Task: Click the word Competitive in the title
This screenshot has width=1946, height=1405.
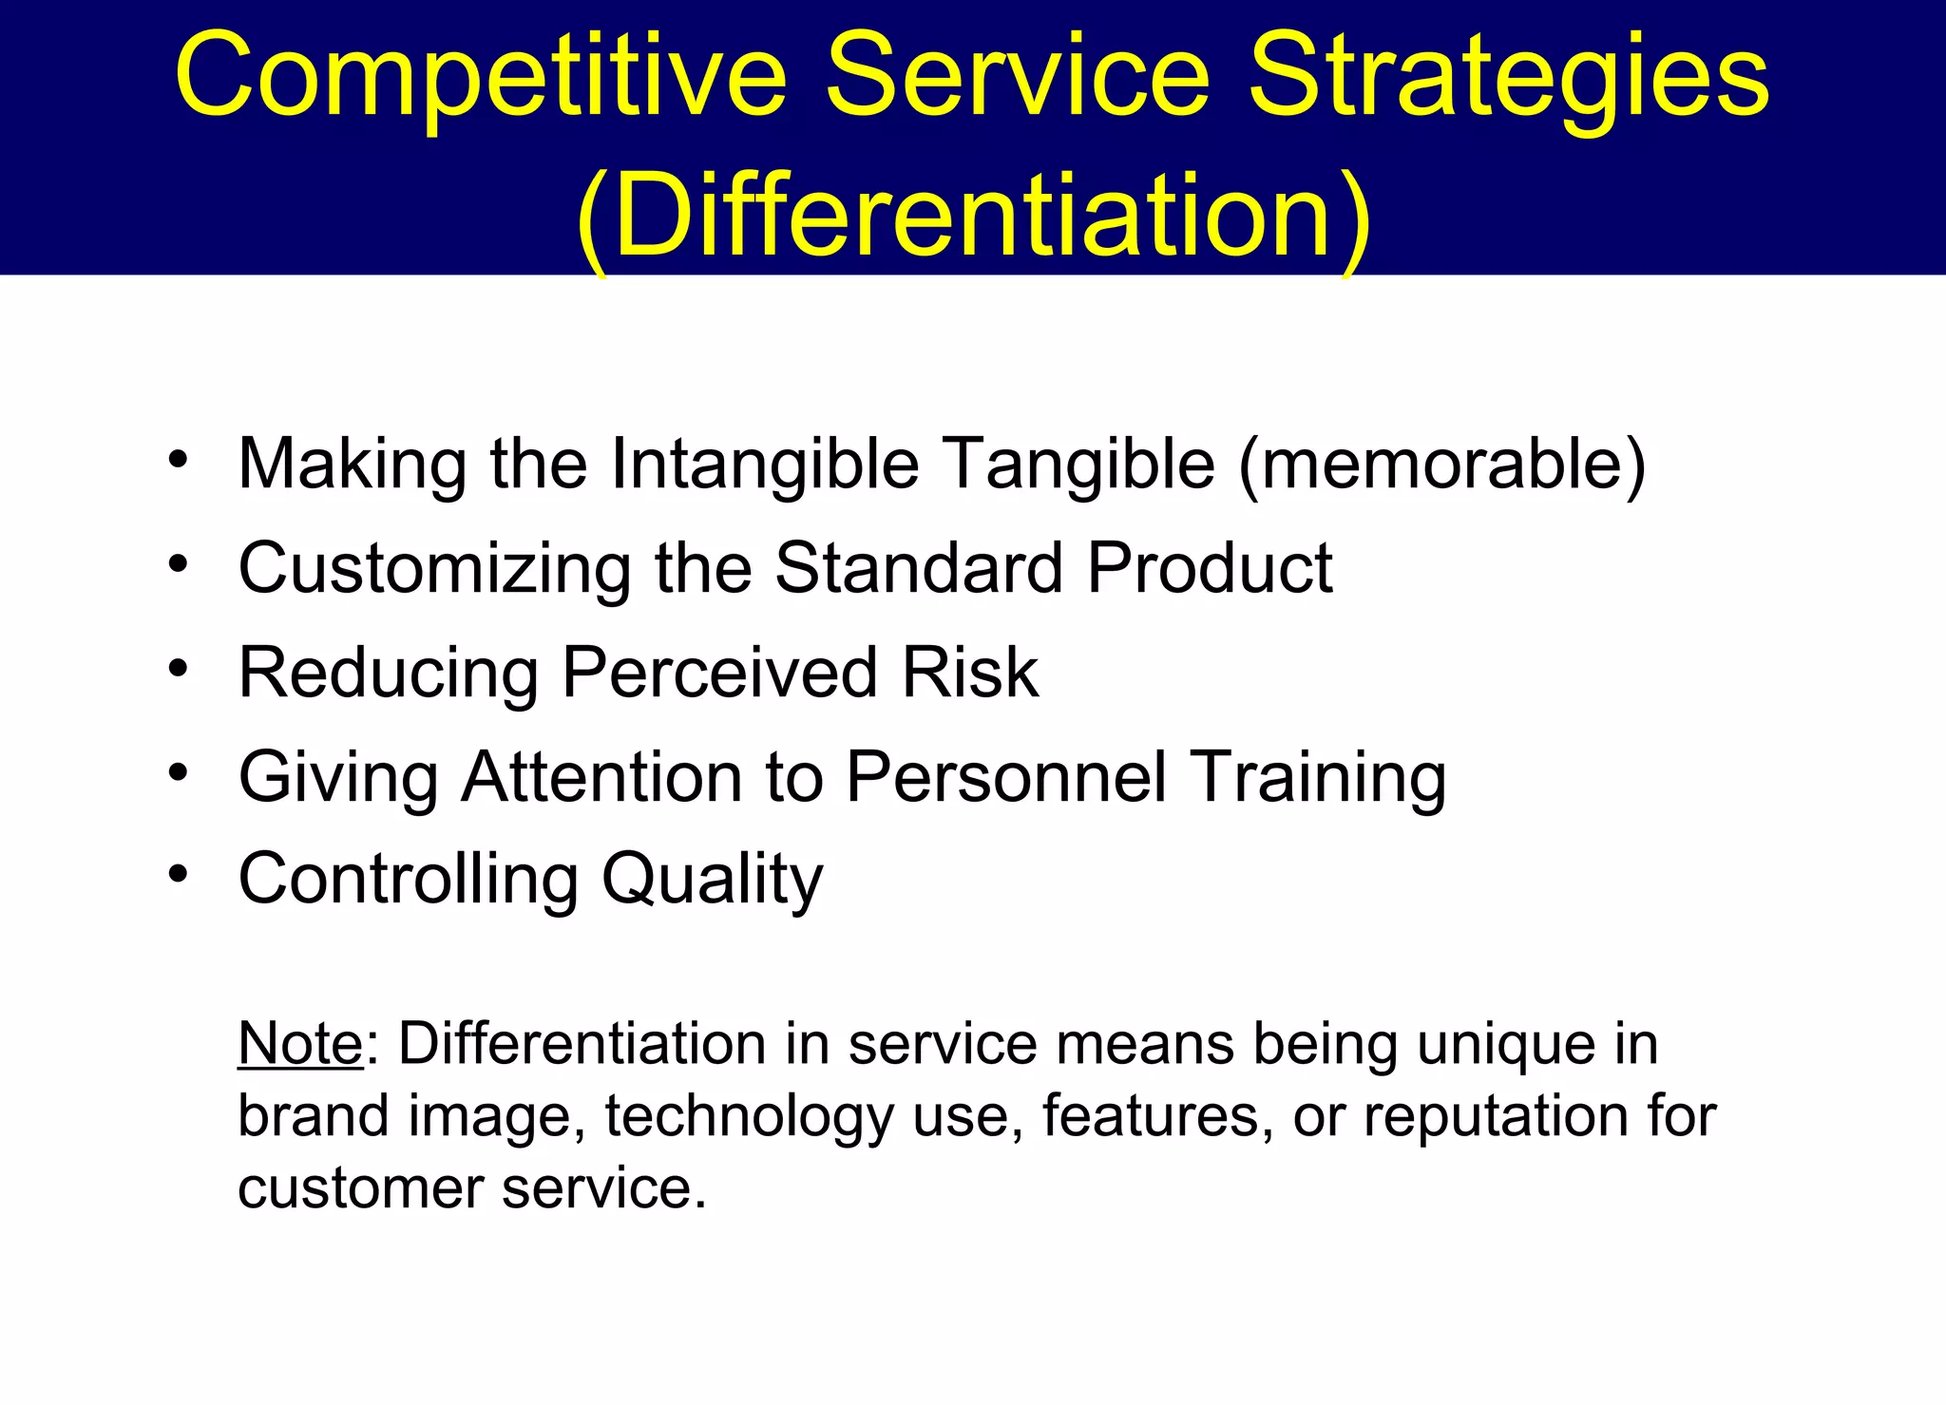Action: [481, 76]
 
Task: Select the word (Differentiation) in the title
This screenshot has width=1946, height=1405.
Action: [973, 217]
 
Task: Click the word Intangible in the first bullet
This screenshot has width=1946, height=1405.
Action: [765, 464]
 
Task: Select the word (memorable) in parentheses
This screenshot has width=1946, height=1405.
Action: [1442, 464]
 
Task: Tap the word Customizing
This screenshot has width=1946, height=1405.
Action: [434, 569]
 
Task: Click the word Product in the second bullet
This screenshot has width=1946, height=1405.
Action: [1210, 568]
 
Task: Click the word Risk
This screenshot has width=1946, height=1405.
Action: [969, 673]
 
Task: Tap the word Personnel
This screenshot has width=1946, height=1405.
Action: [1005, 777]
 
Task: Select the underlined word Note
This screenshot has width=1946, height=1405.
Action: [300, 1044]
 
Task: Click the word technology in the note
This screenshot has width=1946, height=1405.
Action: [750, 1116]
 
